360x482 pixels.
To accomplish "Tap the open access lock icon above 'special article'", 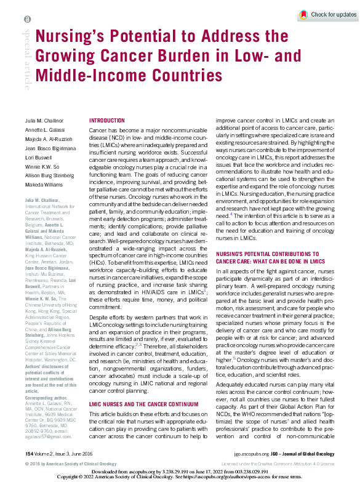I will [x=28, y=20].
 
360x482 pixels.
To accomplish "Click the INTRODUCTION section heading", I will [x=107, y=121].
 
